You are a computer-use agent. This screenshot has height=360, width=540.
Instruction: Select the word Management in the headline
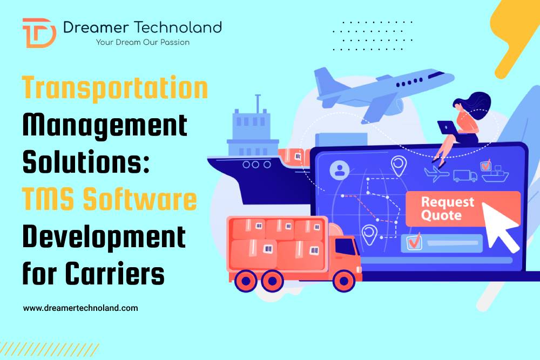(x=105, y=126)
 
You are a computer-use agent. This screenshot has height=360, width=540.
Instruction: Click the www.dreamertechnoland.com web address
(x=80, y=308)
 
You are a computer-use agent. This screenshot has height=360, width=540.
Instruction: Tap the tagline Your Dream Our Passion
(x=143, y=42)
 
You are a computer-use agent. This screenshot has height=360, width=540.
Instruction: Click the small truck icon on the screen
(x=465, y=175)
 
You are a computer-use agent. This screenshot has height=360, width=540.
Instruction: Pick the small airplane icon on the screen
(x=437, y=174)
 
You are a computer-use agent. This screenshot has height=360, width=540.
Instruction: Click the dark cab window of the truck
(x=345, y=247)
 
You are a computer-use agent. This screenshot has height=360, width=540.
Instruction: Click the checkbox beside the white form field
(x=414, y=243)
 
